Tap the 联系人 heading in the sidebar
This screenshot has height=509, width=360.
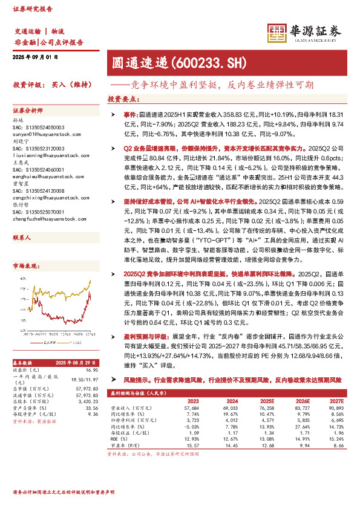(x=22, y=222)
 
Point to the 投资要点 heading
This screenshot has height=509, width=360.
(x=121, y=99)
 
